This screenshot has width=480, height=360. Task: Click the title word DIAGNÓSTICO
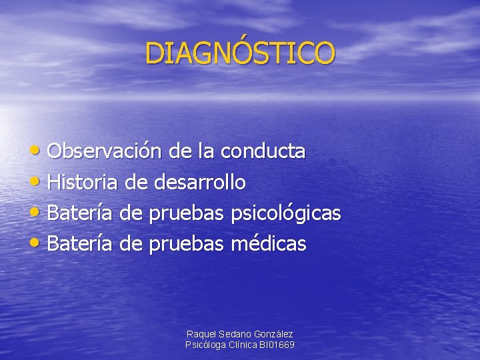coord(240,53)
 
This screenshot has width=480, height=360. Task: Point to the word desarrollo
coord(200,182)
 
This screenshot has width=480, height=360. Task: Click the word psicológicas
coord(286,214)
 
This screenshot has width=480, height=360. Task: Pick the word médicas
coord(269,244)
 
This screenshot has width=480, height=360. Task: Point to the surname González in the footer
coord(273,333)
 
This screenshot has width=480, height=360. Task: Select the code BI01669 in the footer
coord(277,345)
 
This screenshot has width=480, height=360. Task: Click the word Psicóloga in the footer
coord(206,345)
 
